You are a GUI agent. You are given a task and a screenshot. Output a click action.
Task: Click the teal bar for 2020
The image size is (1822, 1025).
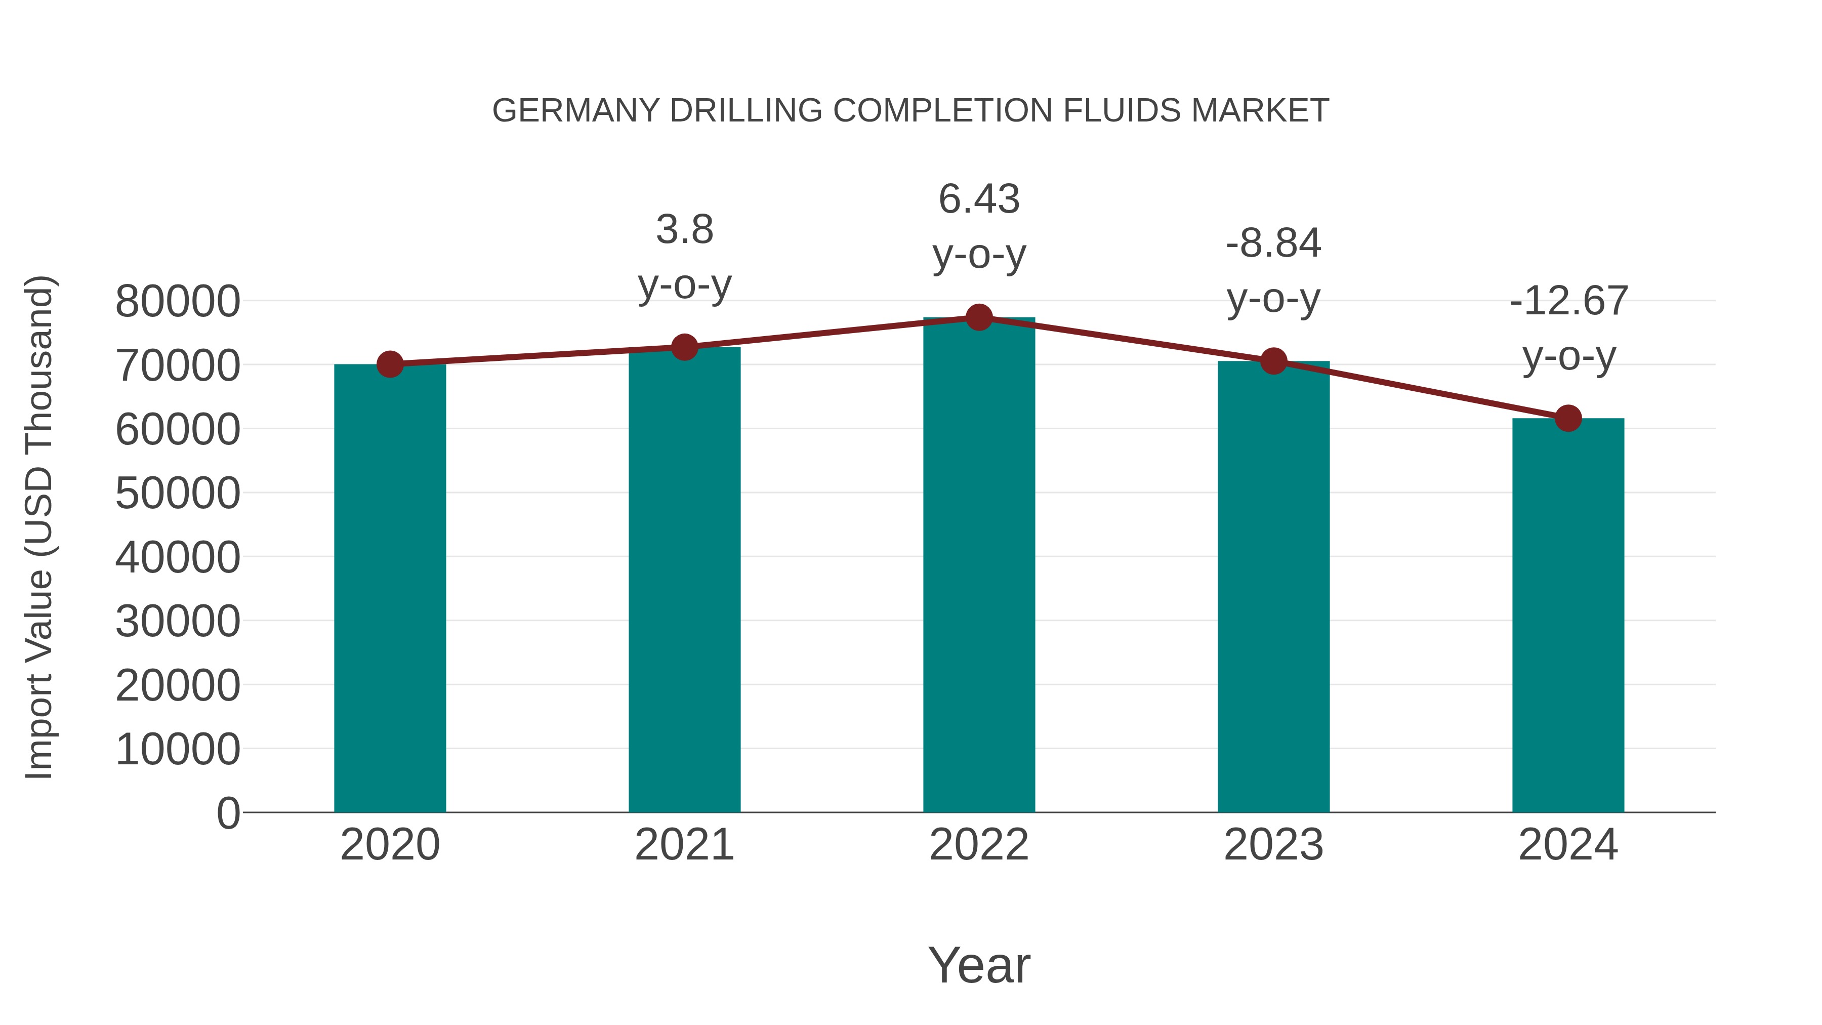click(390, 587)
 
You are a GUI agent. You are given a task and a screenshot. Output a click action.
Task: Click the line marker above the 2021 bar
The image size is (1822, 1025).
click(684, 347)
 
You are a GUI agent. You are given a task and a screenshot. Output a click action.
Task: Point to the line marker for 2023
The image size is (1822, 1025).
click(1273, 361)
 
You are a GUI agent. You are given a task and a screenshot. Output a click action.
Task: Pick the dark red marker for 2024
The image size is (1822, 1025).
click(1568, 418)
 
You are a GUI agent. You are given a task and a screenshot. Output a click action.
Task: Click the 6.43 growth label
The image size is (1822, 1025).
click(979, 199)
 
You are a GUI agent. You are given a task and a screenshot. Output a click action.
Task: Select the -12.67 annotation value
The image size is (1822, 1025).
click(1568, 301)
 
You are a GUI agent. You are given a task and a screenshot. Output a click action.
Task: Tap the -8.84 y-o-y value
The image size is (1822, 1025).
click(1273, 243)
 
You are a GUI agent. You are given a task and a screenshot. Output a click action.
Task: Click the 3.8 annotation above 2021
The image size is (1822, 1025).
click(684, 229)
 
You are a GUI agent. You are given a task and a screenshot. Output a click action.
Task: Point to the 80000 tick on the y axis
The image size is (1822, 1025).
click(178, 301)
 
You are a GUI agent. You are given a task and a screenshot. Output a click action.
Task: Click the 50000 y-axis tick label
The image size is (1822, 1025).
click(178, 493)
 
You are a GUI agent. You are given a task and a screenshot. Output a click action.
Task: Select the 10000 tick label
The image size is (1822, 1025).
click(178, 749)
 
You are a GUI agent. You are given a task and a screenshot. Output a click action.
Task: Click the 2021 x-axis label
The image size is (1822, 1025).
click(684, 845)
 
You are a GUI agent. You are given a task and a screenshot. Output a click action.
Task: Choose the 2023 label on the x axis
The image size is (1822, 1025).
click(1273, 845)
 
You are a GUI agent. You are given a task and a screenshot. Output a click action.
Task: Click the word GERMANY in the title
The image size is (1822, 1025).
click(576, 111)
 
